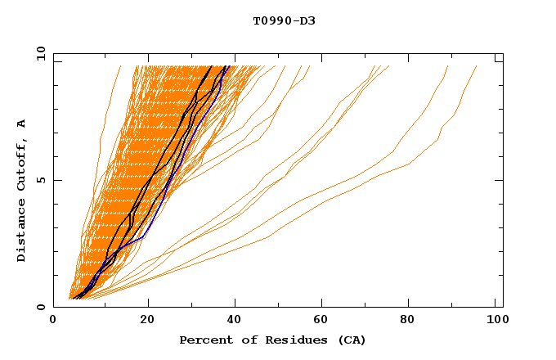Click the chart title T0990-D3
tap(284, 20)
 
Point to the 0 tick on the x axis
tap(54, 322)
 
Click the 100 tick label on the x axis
tap(496, 322)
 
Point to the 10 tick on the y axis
tap(40, 53)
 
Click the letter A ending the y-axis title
tap(22, 123)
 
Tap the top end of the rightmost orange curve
tap(477, 66)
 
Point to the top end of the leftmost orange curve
tap(120, 66)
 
